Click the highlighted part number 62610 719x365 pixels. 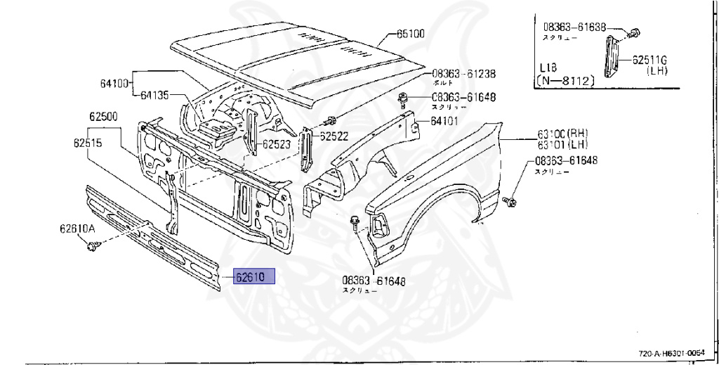coord(250,277)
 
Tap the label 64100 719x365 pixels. coord(114,83)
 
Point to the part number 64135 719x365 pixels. coord(155,95)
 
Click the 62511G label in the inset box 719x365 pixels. coord(649,60)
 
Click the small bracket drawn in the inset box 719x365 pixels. coord(609,56)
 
